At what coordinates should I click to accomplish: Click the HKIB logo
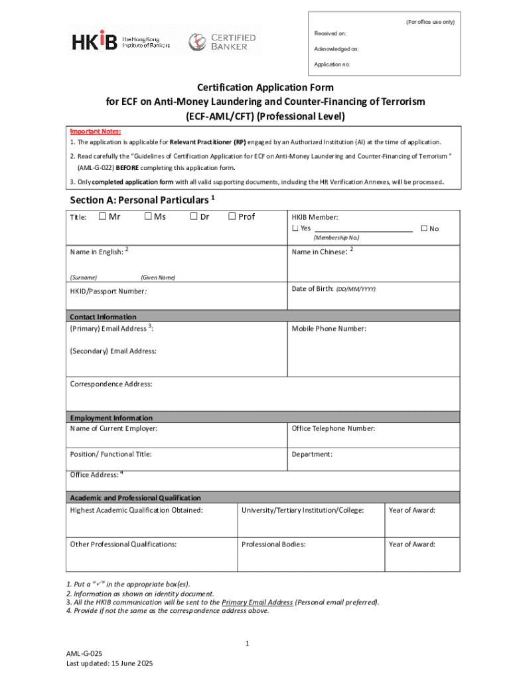pyautogui.click(x=121, y=42)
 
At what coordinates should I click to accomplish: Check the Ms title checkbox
pyautogui.click(x=148, y=216)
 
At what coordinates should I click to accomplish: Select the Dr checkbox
pyautogui.click(x=194, y=216)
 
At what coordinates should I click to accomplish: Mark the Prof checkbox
pyautogui.click(x=232, y=216)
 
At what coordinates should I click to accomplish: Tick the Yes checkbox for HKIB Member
pyautogui.click(x=295, y=229)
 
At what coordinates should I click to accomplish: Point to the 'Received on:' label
pyautogui.click(x=330, y=33)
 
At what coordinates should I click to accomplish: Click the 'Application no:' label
pyautogui.click(x=332, y=64)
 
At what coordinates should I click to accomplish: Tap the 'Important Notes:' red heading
pyautogui.click(x=96, y=131)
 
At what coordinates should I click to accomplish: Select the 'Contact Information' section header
pyautogui.click(x=103, y=317)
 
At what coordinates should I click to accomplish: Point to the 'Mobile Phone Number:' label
pyautogui.click(x=328, y=329)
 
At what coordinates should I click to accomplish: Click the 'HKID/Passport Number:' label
pyautogui.click(x=108, y=291)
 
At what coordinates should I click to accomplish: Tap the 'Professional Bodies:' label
pyautogui.click(x=273, y=545)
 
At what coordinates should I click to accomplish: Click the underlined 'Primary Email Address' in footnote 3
pyautogui.click(x=257, y=602)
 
